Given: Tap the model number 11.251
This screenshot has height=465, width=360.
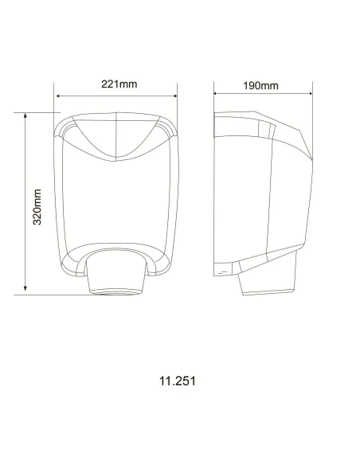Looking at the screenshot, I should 177,381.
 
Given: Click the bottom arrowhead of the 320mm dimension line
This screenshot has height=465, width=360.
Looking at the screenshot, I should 26,291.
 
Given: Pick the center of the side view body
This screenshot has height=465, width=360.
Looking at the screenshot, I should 259,199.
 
